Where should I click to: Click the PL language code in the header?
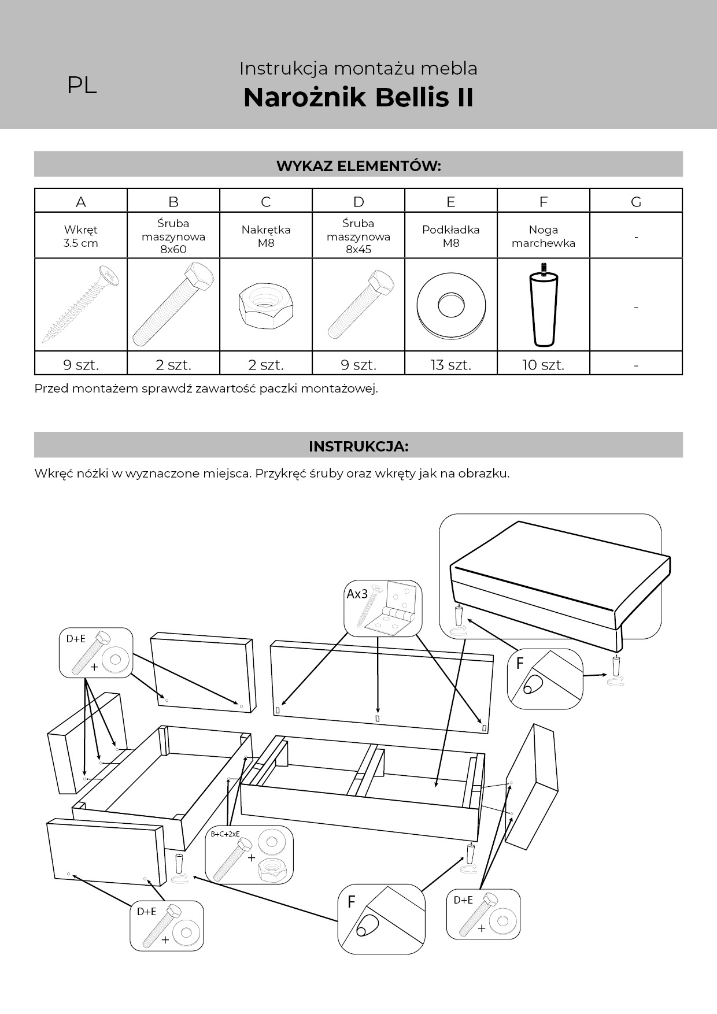point(82,85)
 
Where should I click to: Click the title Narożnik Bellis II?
point(358,97)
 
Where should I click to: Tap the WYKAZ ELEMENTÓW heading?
point(358,166)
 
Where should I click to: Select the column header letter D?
point(358,202)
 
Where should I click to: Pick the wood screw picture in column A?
point(80,304)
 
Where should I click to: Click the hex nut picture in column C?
point(265,304)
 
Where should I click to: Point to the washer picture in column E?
point(450,305)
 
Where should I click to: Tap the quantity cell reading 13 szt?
point(450,365)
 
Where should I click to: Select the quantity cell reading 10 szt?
point(543,365)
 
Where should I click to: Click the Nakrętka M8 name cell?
point(265,236)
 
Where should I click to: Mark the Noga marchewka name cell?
point(543,236)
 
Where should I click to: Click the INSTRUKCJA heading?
point(358,446)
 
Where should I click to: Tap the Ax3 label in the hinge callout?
point(357,594)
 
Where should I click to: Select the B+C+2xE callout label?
point(225,834)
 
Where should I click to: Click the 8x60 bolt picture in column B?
point(173,304)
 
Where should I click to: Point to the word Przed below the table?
point(51,388)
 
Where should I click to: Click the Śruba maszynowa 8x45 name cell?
point(358,236)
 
